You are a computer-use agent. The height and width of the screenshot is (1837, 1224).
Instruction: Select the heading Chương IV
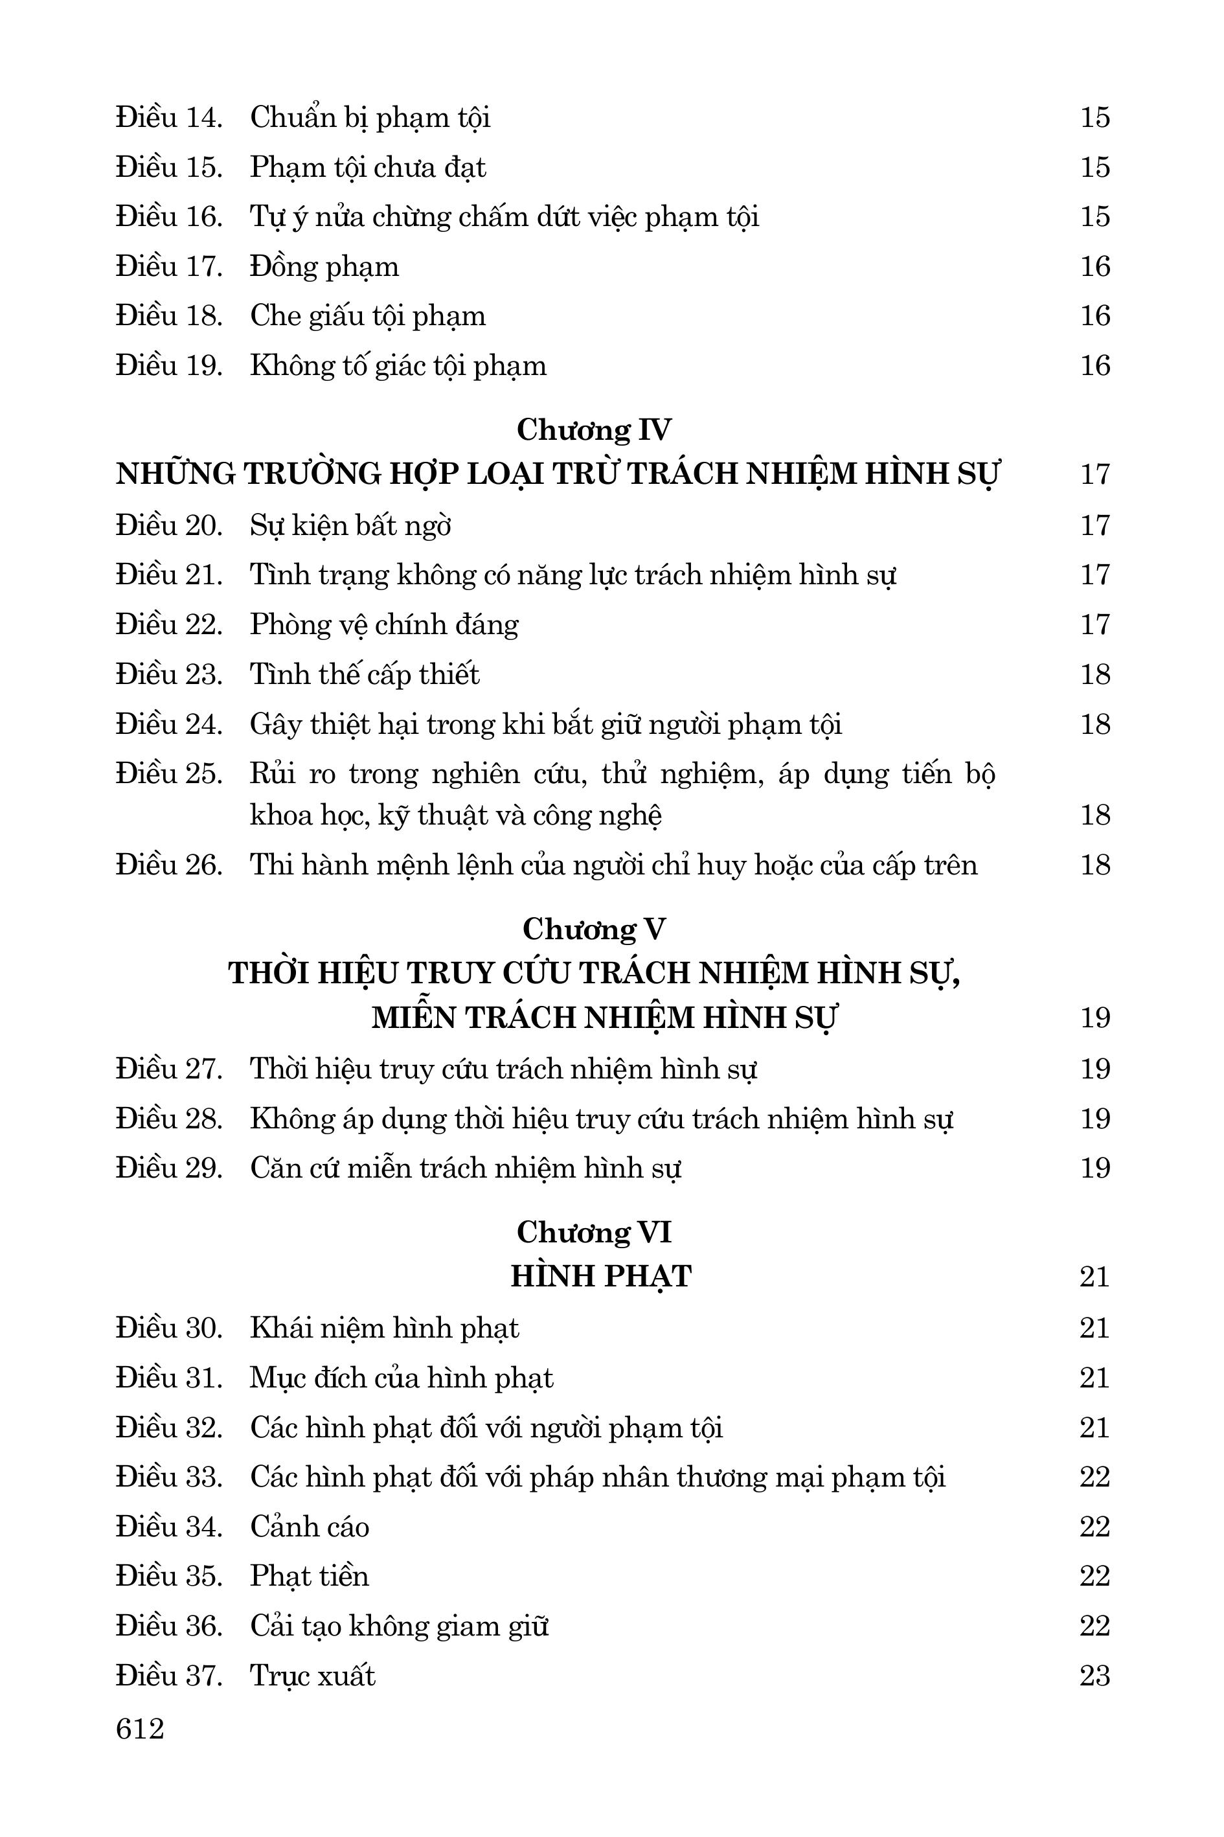[x=593, y=430]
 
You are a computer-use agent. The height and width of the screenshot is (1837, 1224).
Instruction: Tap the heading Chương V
[x=593, y=929]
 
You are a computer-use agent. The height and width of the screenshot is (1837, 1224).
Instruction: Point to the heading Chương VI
[x=593, y=1232]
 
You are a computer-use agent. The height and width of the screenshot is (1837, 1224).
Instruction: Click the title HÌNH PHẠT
[x=601, y=1277]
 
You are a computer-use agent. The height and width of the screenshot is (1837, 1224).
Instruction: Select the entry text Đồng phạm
[x=324, y=267]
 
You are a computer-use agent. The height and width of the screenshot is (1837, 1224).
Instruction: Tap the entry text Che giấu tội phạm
[x=368, y=316]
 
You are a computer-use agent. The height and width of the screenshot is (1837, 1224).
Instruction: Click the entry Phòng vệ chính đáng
[x=384, y=624]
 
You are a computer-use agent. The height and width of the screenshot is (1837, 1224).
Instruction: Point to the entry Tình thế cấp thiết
[x=365, y=674]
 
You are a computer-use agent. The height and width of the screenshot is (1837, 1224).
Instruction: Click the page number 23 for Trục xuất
[x=1094, y=1676]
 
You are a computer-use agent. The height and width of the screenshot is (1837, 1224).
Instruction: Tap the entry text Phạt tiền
[x=309, y=1575]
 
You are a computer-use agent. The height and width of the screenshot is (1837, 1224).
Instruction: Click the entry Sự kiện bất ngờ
[x=350, y=525]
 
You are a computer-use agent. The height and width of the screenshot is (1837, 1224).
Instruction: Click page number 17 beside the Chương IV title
[x=1094, y=474]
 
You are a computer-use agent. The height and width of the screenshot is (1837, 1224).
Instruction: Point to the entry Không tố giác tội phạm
[x=398, y=365]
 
